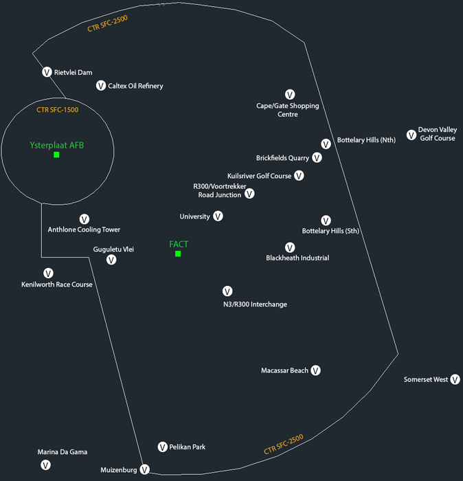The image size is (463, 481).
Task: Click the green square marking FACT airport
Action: (x=178, y=254)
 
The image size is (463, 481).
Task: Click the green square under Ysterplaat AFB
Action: (x=56, y=155)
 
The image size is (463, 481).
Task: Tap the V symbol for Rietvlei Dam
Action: (x=47, y=72)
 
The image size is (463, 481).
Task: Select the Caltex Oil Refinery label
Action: (x=135, y=86)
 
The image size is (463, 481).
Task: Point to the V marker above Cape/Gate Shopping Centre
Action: (x=290, y=95)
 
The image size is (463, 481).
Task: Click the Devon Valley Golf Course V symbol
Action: (x=411, y=135)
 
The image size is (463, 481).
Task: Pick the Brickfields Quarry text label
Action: (x=282, y=158)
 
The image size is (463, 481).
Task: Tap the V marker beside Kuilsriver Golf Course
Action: (x=299, y=175)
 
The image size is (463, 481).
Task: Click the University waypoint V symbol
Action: (x=218, y=216)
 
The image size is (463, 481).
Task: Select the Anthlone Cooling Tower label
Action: (x=84, y=230)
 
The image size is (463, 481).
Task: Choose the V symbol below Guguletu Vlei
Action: (x=111, y=260)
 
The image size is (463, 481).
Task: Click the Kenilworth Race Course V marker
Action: (x=48, y=273)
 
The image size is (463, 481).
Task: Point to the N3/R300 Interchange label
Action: (x=255, y=304)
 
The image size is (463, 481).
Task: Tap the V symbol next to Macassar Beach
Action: (x=315, y=370)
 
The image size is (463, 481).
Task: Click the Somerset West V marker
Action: (x=455, y=379)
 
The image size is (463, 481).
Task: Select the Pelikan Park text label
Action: (x=188, y=447)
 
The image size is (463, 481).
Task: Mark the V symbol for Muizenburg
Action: (x=145, y=469)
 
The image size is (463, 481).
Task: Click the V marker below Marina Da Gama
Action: (x=46, y=465)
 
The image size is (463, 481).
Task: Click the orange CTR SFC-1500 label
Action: (x=57, y=110)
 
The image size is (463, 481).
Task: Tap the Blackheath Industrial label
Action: (x=297, y=258)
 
